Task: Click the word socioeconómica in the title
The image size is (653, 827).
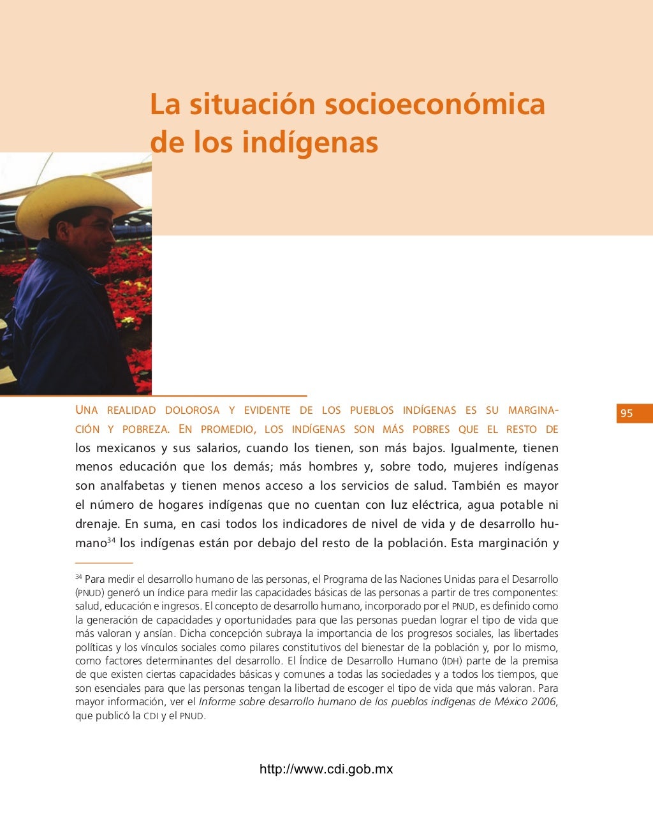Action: tap(435, 105)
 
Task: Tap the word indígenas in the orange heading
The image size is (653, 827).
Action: tap(310, 142)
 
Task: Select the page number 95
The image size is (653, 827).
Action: tap(627, 413)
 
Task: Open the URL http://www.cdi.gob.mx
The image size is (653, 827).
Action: tap(326, 769)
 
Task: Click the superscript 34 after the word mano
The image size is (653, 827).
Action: tap(111, 540)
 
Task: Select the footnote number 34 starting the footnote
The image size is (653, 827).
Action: tap(78, 577)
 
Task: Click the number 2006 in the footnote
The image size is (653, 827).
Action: tap(543, 702)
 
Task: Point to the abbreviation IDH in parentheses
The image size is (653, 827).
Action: tap(452, 661)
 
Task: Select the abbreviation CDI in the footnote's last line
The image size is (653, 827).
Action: tap(150, 716)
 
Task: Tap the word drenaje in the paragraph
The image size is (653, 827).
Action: tap(97, 524)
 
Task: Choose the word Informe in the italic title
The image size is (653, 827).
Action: tap(218, 702)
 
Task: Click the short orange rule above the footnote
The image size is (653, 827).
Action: tap(104, 563)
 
